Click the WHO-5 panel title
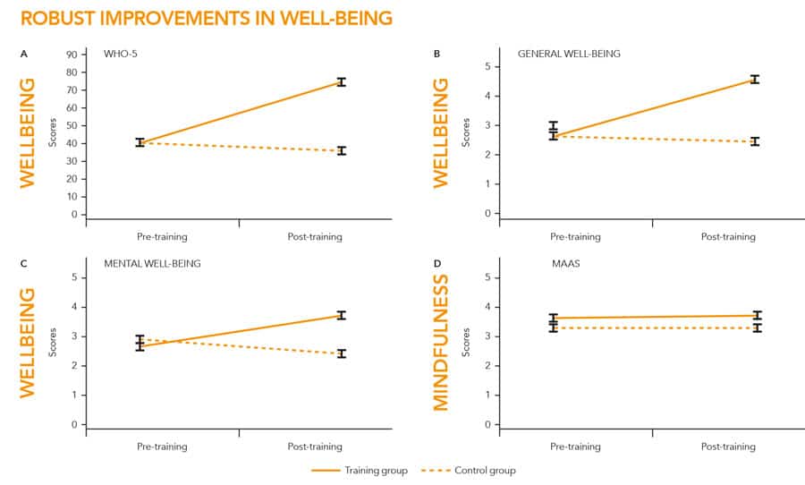(x=119, y=54)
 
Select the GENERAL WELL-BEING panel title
(x=569, y=54)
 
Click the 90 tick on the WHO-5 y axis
(x=72, y=55)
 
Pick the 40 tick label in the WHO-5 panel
(x=72, y=143)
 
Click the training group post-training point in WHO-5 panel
(x=341, y=82)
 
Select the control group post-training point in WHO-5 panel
(x=341, y=150)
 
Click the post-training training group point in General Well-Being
(x=754, y=80)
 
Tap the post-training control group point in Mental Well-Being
(x=341, y=353)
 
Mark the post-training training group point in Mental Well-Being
(x=341, y=315)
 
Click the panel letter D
(x=436, y=264)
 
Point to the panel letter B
(x=436, y=54)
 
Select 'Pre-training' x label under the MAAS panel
(x=574, y=447)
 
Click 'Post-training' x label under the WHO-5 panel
(x=315, y=236)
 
